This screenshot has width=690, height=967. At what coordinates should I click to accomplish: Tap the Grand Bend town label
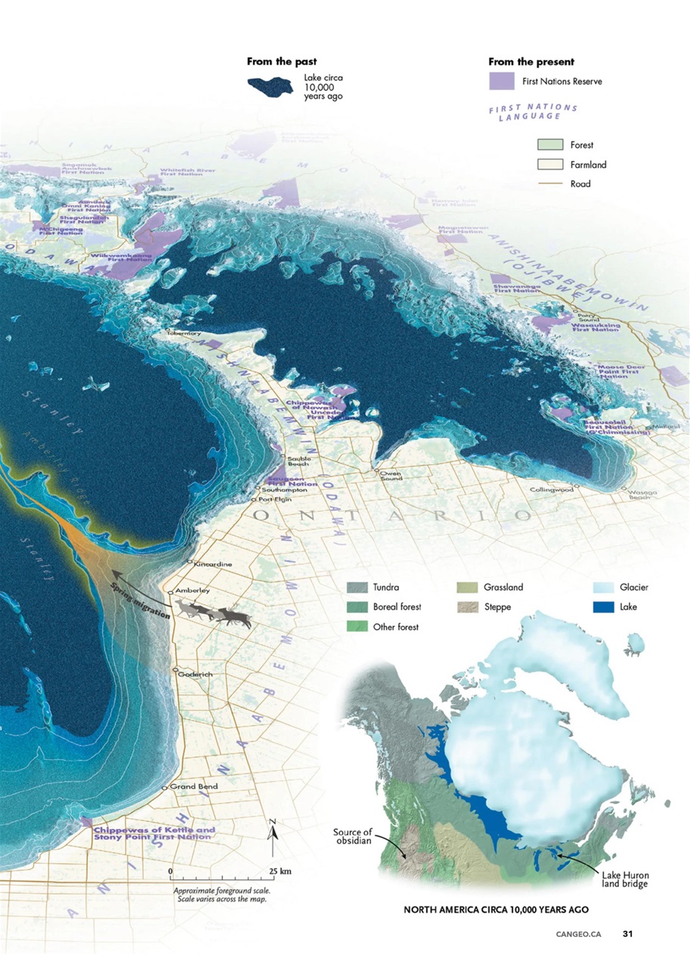[x=193, y=786]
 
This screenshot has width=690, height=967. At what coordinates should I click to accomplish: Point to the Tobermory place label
[x=184, y=333]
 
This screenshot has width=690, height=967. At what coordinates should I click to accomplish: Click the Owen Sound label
[x=390, y=475]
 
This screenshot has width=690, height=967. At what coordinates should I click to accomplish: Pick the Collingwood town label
[x=552, y=490]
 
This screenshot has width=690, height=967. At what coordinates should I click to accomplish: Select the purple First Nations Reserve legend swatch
[x=501, y=81]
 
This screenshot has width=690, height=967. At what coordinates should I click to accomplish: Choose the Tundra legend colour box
[x=357, y=587]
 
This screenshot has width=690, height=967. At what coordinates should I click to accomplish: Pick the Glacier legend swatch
[x=604, y=587]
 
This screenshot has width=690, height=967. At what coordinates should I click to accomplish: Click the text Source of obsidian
[x=353, y=837]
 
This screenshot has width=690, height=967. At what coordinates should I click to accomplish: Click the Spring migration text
[x=141, y=604]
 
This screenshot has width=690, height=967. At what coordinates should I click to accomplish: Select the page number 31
[x=627, y=934]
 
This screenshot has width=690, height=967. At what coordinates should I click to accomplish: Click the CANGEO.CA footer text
[x=578, y=934]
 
